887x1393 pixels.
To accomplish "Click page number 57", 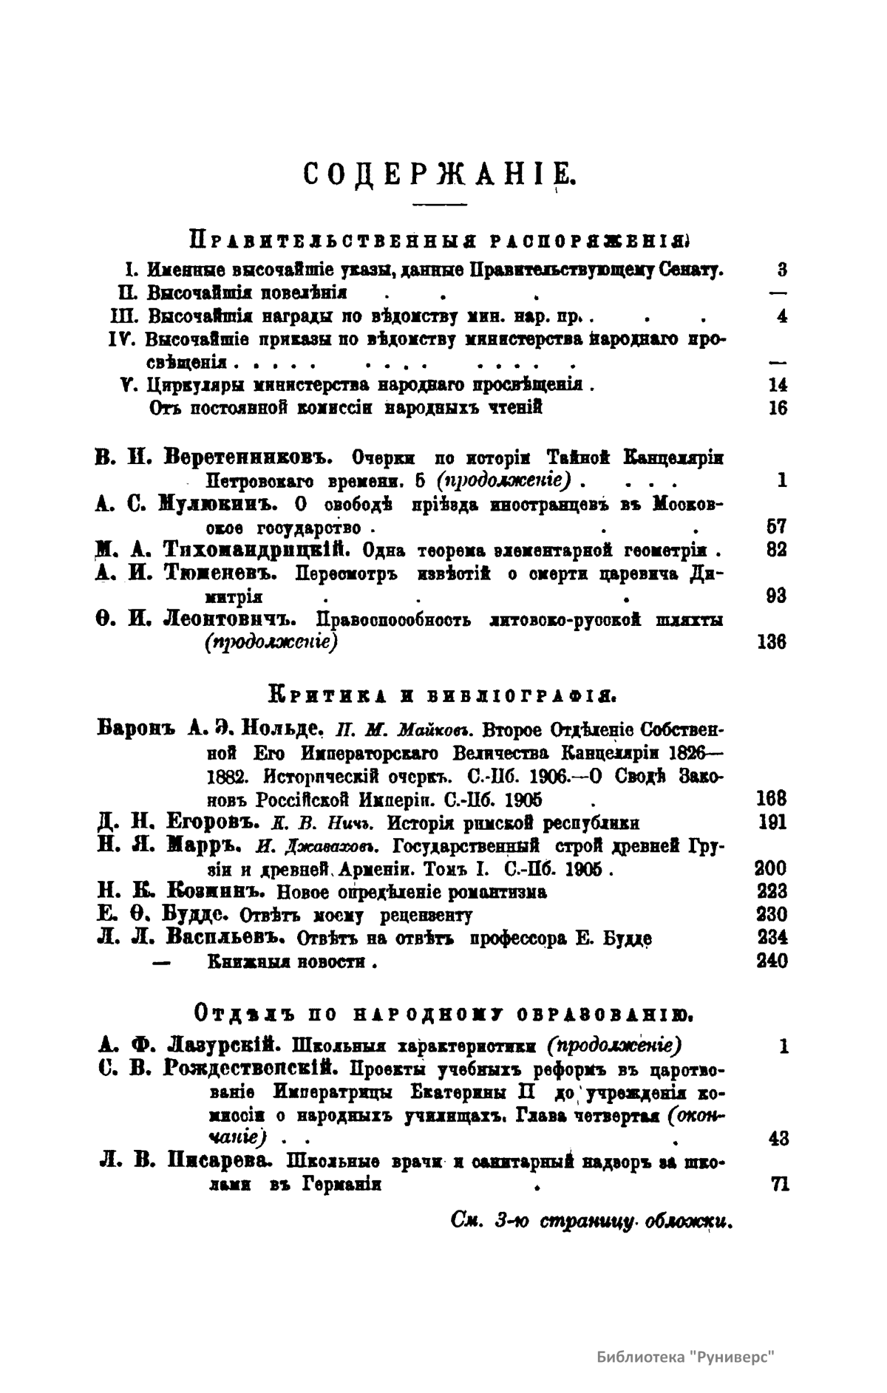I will (776, 528).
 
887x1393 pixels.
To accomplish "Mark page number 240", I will (772, 961).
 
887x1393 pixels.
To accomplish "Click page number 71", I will (779, 1185).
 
